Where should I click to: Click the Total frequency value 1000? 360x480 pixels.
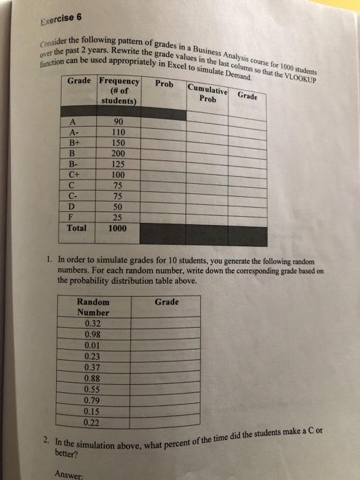click(117, 228)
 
